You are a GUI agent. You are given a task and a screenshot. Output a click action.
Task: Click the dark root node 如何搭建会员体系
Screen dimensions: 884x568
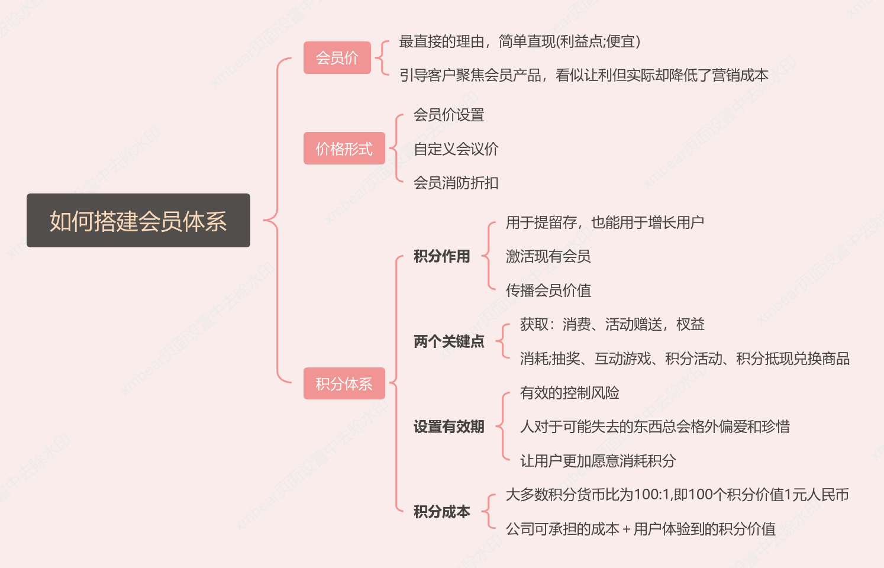click(x=138, y=220)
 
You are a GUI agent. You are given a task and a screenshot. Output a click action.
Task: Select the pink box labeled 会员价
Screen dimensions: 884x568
click(x=337, y=57)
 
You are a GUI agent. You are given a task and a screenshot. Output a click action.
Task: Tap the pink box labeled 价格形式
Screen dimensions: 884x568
click(x=344, y=149)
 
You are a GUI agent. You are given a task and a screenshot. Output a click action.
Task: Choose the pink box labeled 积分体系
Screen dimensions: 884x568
click(x=344, y=383)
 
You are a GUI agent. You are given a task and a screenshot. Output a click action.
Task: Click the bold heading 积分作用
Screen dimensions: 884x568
click(x=441, y=256)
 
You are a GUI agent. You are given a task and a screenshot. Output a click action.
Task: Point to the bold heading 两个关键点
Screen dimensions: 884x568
click(x=449, y=341)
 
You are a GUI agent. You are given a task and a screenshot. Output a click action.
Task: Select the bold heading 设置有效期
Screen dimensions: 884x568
click(x=449, y=427)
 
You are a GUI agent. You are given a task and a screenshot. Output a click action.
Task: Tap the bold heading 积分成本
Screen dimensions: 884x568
click(x=441, y=512)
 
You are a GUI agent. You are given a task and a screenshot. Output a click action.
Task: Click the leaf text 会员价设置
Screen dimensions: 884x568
click(x=449, y=115)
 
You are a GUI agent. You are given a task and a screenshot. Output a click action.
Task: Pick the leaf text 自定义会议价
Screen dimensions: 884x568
click(x=456, y=149)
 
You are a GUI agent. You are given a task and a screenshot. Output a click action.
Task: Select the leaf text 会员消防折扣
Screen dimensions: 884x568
click(x=456, y=183)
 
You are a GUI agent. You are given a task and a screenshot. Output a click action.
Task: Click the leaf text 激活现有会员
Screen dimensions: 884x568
click(x=548, y=256)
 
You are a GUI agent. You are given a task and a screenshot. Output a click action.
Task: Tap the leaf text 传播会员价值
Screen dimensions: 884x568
click(x=548, y=290)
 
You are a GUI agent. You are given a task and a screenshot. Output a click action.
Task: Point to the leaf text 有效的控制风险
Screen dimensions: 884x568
click(x=569, y=393)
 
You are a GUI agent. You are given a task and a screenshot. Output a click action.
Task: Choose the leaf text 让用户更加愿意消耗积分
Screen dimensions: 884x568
click(x=598, y=461)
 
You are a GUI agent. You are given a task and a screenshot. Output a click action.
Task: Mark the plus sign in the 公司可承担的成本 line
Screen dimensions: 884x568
click(x=626, y=530)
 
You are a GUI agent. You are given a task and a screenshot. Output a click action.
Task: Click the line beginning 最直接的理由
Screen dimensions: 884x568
click(x=520, y=41)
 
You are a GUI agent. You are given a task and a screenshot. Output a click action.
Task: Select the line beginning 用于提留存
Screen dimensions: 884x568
click(x=605, y=222)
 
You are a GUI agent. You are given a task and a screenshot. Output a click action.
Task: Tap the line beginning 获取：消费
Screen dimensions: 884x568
click(x=612, y=324)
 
